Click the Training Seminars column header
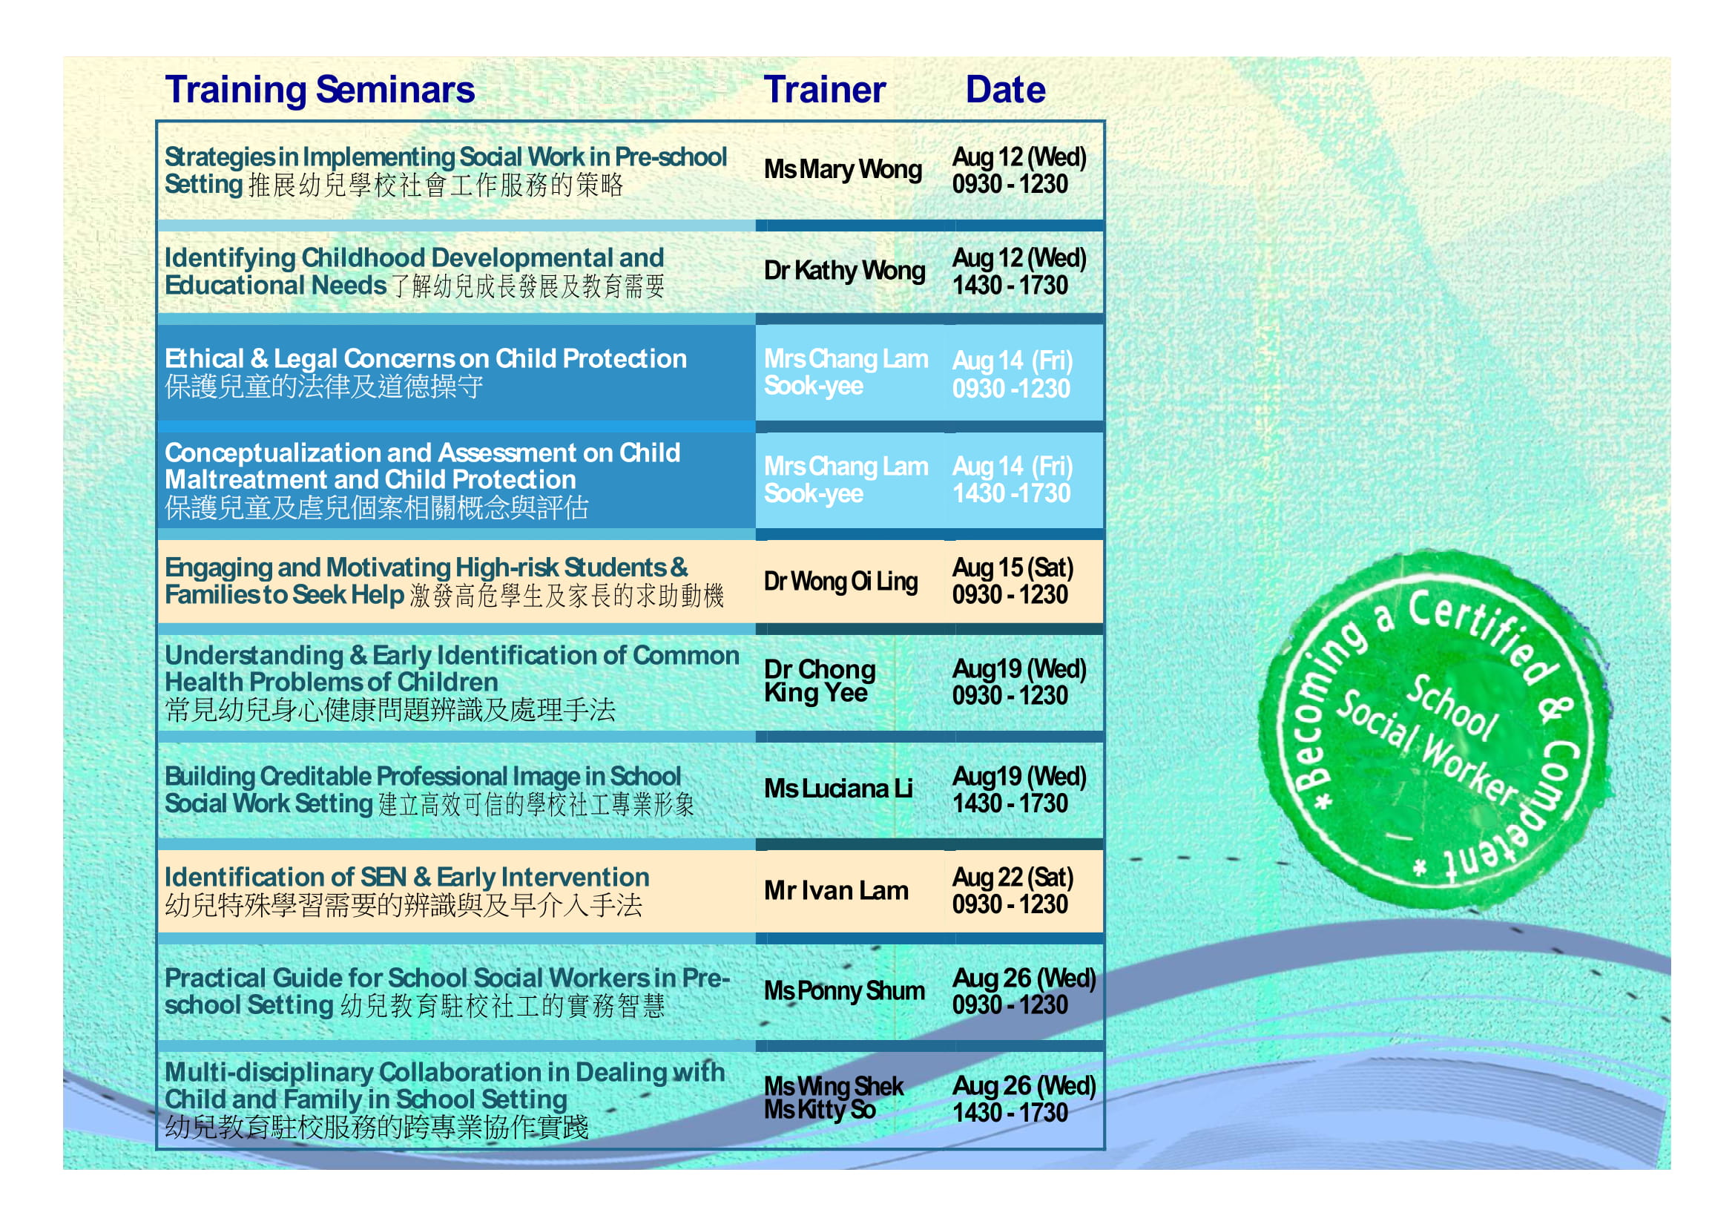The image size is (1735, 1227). (x=320, y=90)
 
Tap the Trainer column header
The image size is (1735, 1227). (x=824, y=90)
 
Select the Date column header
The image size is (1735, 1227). (x=1005, y=90)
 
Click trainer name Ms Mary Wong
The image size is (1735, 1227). (x=843, y=169)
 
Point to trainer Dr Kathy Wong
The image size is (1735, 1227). (x=844, y=271)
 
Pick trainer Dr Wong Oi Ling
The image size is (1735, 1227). (x=840, y=581)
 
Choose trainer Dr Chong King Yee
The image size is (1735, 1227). (x=820, y=682)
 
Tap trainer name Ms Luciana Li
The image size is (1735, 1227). (x=838, y=789)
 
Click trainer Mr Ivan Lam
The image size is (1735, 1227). (x=836, y=891)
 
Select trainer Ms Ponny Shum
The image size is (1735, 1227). (x=844, y=990)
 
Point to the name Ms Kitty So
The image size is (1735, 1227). (x=820, y=1110)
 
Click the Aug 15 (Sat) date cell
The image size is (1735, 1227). (x=1013, y=581)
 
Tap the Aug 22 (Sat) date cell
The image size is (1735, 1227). (x=1013, y=891)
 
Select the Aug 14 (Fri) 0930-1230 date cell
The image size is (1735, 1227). (x=1013, y=375)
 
